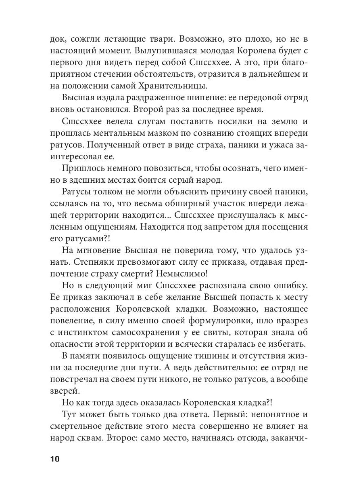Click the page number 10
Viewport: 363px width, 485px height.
54,459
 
